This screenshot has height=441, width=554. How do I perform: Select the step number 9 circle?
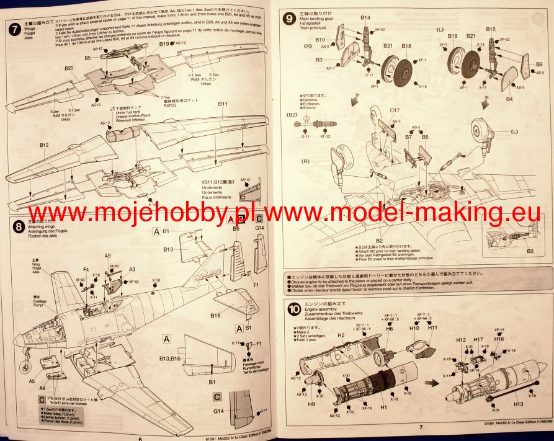(x=288, y=19)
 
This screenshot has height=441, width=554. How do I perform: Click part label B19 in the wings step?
(x=164, y=44)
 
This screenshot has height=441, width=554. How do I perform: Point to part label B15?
(x=490, y=29)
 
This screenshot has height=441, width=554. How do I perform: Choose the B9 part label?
(x=538, y=65)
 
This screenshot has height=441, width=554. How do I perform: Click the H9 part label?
(x=311, y=404)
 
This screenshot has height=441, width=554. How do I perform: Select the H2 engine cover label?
(x=341, y=335)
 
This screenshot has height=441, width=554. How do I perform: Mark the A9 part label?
(x=107, y=256)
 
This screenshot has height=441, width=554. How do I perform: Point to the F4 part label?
(x=86, y=269)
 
